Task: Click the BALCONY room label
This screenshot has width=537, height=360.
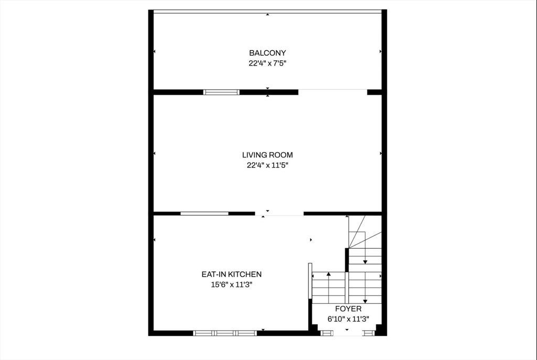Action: [x=267, y=53]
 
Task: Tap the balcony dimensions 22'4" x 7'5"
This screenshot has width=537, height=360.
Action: [x=267, y=63]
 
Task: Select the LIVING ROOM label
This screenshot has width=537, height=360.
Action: [x=267, y=155]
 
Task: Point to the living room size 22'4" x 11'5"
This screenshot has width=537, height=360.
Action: [x=267, y=165]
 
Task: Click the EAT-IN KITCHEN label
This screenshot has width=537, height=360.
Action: [x=231, y=274]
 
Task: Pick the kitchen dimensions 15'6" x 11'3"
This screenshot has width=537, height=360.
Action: [x=231, y=284]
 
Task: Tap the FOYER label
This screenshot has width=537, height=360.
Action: [x=348, y=309]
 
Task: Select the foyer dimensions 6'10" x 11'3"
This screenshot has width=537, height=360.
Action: [x=348, y=319]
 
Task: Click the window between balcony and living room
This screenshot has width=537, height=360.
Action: [x=221, y=92]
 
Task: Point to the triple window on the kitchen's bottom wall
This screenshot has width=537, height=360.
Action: [x=225, y=333]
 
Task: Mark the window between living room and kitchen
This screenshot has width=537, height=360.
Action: [x=205, y=214]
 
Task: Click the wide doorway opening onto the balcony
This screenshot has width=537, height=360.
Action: [x=333, y=92]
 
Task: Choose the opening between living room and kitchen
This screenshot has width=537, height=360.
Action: [x=280, y=214]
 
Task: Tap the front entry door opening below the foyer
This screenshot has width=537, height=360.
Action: [x=347, y=333]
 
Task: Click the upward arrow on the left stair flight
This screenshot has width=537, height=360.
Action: [x=329, y=288]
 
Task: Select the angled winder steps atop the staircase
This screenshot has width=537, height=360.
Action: [x=365, y=232]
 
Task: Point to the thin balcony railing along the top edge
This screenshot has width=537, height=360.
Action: [x=267, y=12]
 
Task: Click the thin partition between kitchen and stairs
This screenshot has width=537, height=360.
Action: [x=310, y=281]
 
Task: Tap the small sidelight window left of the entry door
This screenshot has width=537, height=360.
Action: [x=327, y=333]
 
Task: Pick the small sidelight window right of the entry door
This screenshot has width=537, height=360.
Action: [x=369, y=333]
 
